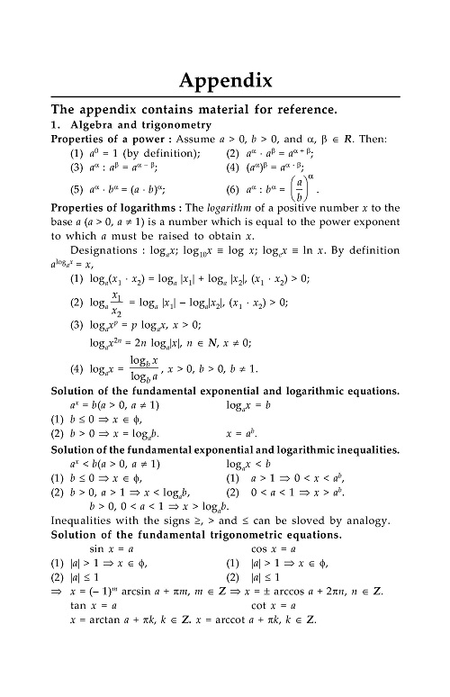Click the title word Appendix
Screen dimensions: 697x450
tap(225, 80)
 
